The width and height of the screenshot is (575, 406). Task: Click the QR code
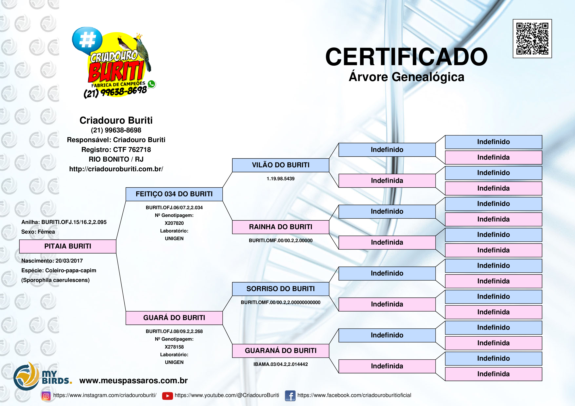click(532, 38)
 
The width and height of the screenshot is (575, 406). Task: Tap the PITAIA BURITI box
click(68, 246)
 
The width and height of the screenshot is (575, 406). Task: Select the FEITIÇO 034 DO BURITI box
click(174, 194)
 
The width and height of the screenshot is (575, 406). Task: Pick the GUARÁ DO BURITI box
click(174, 318)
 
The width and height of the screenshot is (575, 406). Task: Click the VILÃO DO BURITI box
click(280, 165)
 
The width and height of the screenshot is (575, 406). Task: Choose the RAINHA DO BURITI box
click(280, 227)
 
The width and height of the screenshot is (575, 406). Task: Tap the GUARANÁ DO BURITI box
click(280, 351)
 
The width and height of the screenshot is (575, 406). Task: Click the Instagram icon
click(46, 396)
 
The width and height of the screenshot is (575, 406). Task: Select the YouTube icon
click(168, 396)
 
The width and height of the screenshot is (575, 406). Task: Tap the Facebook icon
click(290, 396)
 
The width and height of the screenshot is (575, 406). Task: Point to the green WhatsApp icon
click(151, 84)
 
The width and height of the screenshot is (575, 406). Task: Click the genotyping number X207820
click(174, 223)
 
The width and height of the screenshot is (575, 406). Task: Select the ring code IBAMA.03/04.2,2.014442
click(280, 364)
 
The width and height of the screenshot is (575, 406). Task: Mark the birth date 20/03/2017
click(69, 261)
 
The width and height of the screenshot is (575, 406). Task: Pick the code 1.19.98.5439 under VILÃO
click(280, 179)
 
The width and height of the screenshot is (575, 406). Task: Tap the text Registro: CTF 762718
click(116, 150)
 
